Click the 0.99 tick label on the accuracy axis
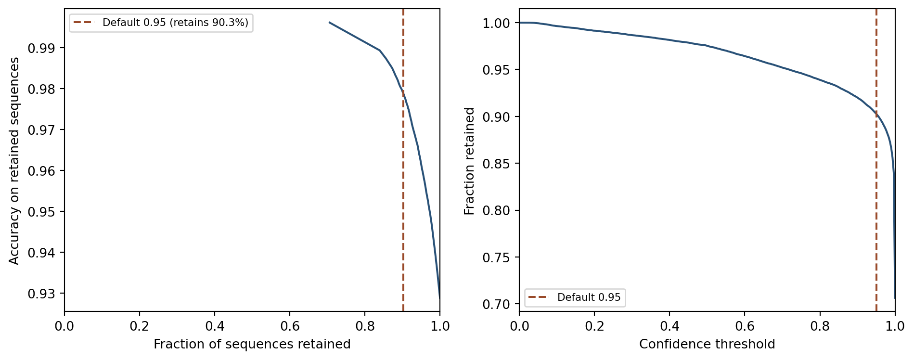41,48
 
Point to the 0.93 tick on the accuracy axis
41,294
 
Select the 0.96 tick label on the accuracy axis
41,171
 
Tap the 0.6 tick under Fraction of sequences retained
289,326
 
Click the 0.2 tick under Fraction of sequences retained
139,326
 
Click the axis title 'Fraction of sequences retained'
252,345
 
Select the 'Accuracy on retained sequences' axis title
14,161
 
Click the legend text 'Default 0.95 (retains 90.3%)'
175,23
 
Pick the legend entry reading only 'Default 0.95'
589,297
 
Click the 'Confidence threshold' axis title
707,345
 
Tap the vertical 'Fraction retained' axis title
469,161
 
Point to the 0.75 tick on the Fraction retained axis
496,257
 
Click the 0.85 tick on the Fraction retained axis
496,164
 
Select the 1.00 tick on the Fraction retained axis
496,23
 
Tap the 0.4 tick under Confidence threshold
669,326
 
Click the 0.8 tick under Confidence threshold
820,326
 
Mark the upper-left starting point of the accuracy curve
330,22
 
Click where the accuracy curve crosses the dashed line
403,92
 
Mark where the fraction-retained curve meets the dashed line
876,114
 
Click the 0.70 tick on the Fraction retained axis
496,304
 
